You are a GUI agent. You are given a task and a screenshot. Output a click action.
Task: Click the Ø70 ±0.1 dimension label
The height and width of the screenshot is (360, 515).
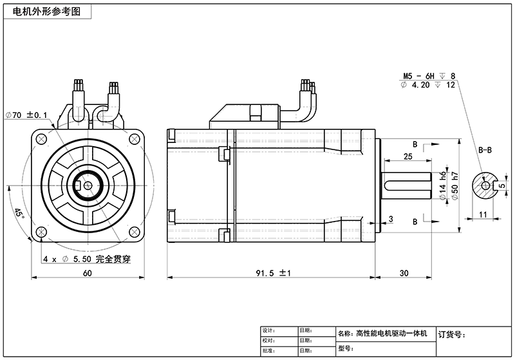click(26, 115)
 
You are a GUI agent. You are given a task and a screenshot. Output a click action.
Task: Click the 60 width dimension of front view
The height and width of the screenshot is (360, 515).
click(87, 273)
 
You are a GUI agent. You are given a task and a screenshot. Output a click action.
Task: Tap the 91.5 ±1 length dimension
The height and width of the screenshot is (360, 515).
click(274, 273)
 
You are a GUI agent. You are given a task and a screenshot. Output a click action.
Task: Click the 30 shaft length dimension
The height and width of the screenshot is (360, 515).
click(404, 273)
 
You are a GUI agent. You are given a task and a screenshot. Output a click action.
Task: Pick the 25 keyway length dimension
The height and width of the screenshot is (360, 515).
click(407, 156)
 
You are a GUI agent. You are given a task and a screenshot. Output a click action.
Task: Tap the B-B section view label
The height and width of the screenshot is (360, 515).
click(485, 149)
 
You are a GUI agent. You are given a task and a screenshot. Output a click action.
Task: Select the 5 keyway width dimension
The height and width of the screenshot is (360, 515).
click(502, 185)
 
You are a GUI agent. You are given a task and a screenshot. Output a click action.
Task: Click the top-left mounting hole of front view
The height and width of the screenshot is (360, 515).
click(42, 138)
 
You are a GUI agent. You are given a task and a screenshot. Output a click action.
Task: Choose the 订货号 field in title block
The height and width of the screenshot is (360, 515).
click(451, 334)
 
